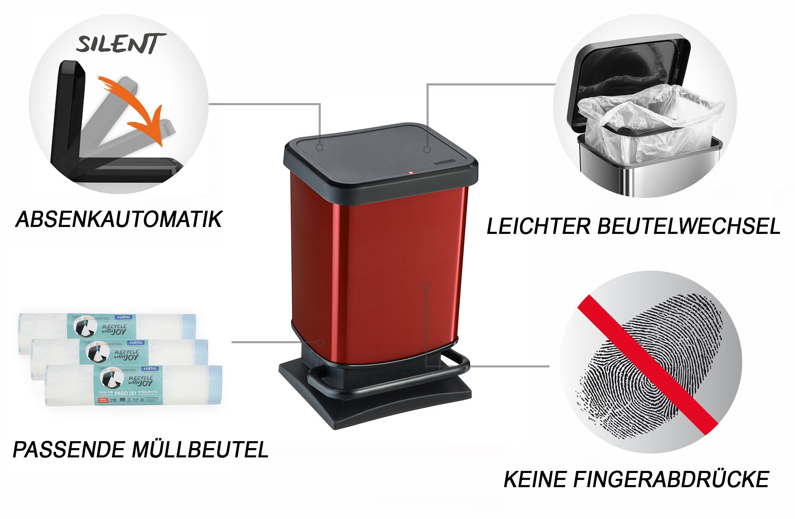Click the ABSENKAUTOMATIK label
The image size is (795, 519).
[x=119, y=219]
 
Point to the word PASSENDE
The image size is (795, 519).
[x=68, y=450]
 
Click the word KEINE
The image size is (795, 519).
[x=534, y=480]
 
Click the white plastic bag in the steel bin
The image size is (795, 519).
[x=650, y=121]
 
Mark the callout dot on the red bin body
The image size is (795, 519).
[x=426, y=285]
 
